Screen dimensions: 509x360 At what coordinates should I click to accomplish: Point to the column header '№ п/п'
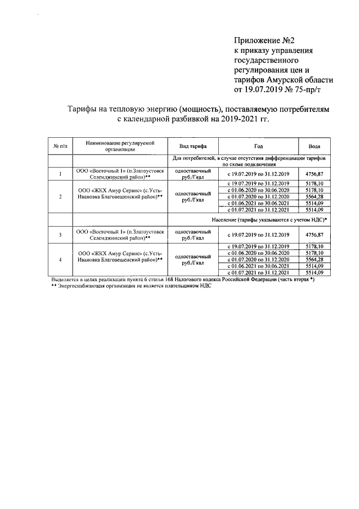(60, 146)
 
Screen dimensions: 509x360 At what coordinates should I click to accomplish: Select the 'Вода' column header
(315, 146)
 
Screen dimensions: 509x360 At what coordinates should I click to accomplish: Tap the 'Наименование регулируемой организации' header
(120, 146)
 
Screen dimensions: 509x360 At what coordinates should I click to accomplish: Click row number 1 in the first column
(60, 174)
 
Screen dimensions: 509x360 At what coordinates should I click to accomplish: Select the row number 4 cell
(60, 259)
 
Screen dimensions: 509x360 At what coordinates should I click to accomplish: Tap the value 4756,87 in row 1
(315, 174)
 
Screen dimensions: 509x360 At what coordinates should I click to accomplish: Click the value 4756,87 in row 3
(315, 234)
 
